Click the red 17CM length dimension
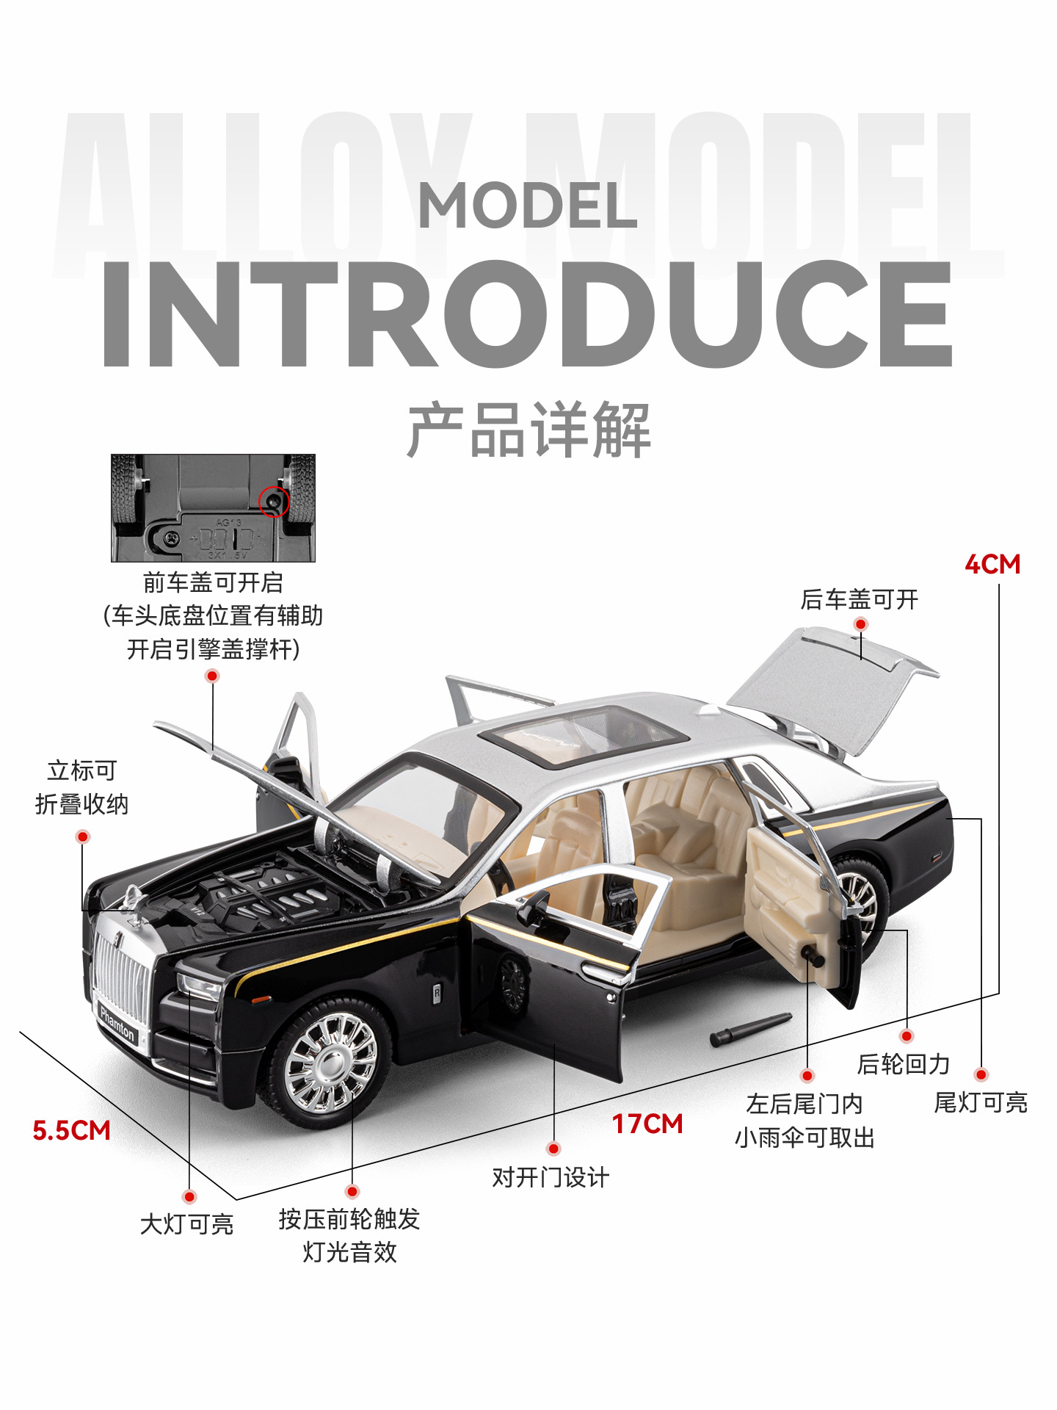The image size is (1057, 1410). [x=647, y=1124]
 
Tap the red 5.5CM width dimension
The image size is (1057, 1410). [x=71, y=1130]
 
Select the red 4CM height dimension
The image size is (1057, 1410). [x=992, y=564]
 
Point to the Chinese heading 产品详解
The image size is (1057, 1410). [x=528, y=430]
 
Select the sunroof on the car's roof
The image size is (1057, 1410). [x=583, y=734]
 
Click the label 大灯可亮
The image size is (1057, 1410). [x=186, y=1224]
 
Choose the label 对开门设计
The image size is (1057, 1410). [x=551, y=1177]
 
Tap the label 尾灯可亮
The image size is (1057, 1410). [x=981, y=1102]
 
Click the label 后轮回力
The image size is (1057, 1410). [x=904, y=1064]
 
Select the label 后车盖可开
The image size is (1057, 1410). [x=860, y=599]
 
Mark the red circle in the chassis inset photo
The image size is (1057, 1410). [x=274, y=502]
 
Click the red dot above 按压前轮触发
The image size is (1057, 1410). [x=352, y=1191]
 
